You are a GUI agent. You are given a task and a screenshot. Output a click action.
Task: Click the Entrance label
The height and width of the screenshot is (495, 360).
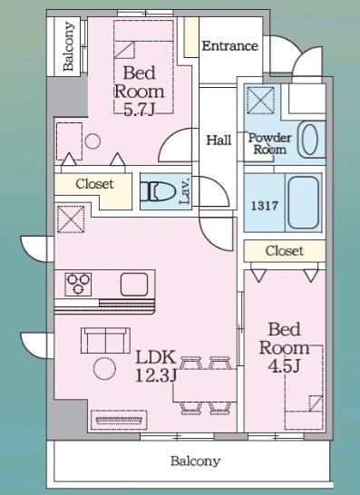pyautogui.click(x=230, y=46)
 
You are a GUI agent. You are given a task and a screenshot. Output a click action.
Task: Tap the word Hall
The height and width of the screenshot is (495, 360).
pyautogui.click(x=219, y=140)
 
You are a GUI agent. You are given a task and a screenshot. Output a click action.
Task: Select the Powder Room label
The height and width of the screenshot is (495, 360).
pyautogui.click(x=269, y=143)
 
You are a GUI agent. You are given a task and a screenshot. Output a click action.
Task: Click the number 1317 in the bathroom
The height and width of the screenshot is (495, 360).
pyautogui.click(x=264, y=206)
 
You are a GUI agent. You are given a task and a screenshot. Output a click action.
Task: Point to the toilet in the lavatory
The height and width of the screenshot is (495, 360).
pyautogui.click(x=158, y=191)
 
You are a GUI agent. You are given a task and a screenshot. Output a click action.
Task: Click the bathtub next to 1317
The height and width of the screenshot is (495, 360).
pyautogui.click(x=303, y=202)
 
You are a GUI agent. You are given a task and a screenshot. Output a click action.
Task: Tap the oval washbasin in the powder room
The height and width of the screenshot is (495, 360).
pyautogui.click(x=309, y=140)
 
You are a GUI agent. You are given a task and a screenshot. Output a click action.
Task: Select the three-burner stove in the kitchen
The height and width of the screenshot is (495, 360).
pyautogui.click(x=78, y=285)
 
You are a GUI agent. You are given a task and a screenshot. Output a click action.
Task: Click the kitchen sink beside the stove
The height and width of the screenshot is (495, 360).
pyautogui.click(x=134, y=285)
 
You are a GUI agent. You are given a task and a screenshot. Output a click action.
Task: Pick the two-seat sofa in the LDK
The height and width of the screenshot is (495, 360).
pyautogui.click(x=105, y=340)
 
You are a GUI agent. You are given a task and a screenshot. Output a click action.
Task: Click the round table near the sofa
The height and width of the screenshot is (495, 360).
pyautogui.click(x=104, y=368)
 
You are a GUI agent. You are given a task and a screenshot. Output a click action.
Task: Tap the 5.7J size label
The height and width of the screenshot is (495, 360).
pyautogui.click(x=139, y=111)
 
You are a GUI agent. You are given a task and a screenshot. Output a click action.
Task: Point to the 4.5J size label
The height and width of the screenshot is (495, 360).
pyautogui.click(x=284, y=366)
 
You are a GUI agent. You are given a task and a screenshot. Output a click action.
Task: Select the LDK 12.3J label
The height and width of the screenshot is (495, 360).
pyautogui.click(x=156, y=366)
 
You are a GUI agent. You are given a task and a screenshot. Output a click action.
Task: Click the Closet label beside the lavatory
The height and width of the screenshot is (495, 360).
pyautogui.click(x=94, y=184)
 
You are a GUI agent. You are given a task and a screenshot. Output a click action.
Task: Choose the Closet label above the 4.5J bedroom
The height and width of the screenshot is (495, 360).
pyautogui.click(x=284, y=251)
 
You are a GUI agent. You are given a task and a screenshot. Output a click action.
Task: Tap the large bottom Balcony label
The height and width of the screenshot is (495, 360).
pyautogui.click(x=196, y=461)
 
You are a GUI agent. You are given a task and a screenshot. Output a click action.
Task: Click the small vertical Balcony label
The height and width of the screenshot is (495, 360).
pyautogui.click(x=68, y=46)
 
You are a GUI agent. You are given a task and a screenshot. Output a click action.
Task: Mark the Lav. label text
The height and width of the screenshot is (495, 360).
pyautogui.click(x=185, y=190)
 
